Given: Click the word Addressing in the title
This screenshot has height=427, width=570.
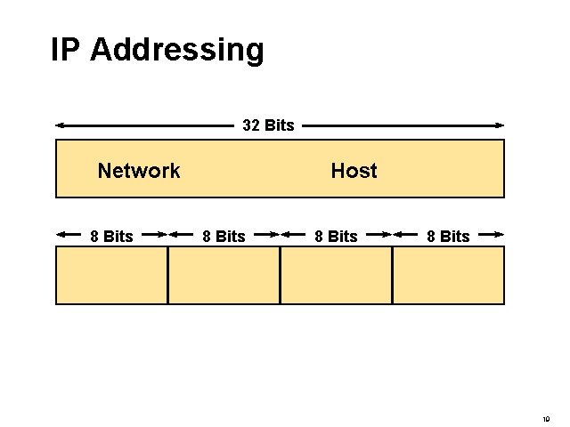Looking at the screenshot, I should click(177, 51).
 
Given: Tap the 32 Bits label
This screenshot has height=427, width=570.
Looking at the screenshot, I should click(268, 125).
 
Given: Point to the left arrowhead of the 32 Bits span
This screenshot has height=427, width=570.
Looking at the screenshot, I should click(60, 125).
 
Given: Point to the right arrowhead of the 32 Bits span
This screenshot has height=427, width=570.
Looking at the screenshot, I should click(500, 125).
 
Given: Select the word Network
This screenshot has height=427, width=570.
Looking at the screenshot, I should click(139, 171).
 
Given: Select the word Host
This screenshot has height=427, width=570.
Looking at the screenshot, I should click(354, 171).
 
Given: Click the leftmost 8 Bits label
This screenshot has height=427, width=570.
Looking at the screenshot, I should click(111, 236).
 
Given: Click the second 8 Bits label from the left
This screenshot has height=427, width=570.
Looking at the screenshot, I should click(224, 236).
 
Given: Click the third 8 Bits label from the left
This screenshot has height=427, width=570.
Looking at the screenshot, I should click(336, 236).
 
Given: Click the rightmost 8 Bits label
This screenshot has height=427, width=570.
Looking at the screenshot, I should click(448, 236).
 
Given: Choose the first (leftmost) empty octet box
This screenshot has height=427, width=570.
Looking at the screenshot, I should click(111, 275).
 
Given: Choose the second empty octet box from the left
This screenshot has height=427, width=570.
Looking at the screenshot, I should click(224, 275).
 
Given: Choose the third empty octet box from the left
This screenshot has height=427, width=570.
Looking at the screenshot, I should click(336, 275).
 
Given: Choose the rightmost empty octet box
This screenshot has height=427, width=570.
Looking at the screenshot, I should click(448, 275).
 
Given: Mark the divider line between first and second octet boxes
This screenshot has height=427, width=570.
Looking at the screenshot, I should click(167, 275).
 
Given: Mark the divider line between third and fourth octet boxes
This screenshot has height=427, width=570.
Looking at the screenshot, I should click(392, 275).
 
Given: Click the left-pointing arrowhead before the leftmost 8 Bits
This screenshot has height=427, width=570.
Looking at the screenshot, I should click(61, 236).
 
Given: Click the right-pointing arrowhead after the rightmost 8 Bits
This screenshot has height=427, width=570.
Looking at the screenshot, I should click(500, 236).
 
